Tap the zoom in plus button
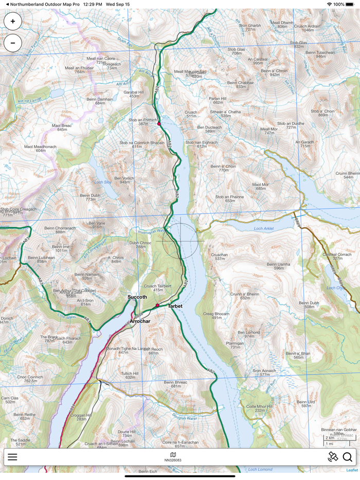[x=13, y=22]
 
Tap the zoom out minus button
[x=13, y=43]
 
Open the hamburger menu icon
[x=12, y=457]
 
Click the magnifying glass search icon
[x=348, y=457]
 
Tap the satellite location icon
[x=333, y=457]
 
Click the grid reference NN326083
[x=173, y=460]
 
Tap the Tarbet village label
[x=175, y=306]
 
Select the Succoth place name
[x=137, y=297]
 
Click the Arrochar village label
[x=140, y=321]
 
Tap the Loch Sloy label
[x=103, y=182]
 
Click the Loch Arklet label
[x=264, y=229]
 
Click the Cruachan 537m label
[x=220, y=256]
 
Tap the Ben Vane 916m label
[x=97, y=225]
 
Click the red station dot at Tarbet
[x=158, y=306]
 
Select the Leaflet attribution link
[x=352, y=470]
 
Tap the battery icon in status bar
[x=350, y=4]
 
